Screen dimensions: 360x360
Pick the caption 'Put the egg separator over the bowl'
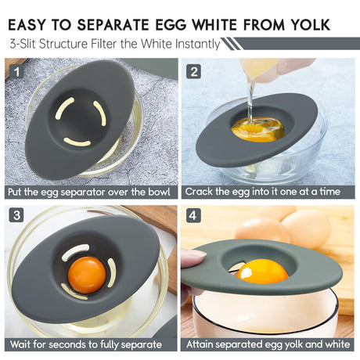pyautogui.click(x=88, y=191)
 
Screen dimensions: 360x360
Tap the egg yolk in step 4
pyautogui.click(x=262, y=271)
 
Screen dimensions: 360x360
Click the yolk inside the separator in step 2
pyautogui.click(x=256, y=128)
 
